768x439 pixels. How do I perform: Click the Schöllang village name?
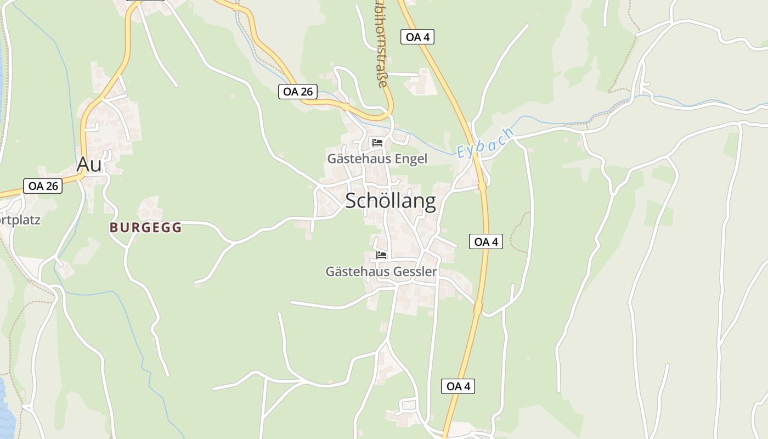tap(391, 201)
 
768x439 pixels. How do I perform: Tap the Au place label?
tap(89, 164)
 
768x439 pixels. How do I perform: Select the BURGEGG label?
tap(145, 228)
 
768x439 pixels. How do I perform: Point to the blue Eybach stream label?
tap(485, 143)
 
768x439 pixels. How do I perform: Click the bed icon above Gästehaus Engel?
tap(377, 143)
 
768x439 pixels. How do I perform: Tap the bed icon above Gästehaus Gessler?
tap(381, 255)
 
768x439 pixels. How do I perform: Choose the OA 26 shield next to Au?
tap(43, 186)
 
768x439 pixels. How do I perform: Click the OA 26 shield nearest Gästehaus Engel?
tap(298, 92)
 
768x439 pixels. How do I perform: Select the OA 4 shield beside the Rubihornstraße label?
tap(417, 37)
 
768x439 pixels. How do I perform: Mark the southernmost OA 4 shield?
tap(458, 386)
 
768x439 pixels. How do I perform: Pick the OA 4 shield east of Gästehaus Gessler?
tap(486, 241)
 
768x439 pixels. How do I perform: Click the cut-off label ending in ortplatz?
tap(20, 220)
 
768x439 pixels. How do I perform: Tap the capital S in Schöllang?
tap(352, 201)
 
